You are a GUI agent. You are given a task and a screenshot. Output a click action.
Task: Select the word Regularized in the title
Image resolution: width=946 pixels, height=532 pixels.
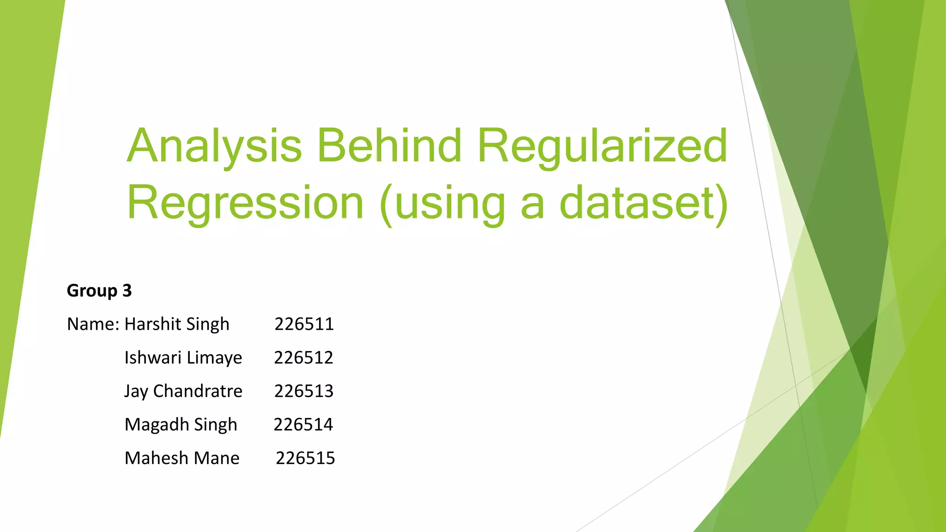602,147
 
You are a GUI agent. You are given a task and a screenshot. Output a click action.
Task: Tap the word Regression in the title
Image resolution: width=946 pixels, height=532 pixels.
245,204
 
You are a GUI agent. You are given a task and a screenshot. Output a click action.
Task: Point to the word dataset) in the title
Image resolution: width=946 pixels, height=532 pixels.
644,204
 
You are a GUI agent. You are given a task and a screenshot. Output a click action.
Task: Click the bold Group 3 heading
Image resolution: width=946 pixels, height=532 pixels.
99,291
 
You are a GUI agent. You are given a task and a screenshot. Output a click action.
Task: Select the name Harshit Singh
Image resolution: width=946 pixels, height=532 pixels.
177,325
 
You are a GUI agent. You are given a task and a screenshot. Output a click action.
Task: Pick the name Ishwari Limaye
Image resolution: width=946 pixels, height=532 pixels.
183,358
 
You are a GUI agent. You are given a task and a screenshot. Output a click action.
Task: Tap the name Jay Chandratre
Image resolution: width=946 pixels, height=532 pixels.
183,392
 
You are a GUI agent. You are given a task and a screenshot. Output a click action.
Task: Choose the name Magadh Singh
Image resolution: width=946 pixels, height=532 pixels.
181,425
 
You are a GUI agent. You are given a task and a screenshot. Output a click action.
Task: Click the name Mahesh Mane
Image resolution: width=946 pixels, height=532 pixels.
182,458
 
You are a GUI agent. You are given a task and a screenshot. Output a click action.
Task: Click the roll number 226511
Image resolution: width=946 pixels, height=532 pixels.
304,324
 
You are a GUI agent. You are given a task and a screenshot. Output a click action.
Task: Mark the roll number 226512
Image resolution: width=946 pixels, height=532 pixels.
303,358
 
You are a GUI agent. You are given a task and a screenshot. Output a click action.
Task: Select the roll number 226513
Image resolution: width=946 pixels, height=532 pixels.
303,392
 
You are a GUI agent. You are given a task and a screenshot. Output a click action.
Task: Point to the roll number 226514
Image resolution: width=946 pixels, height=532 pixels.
303,425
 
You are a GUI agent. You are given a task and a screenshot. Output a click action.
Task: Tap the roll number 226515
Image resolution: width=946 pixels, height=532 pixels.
305,458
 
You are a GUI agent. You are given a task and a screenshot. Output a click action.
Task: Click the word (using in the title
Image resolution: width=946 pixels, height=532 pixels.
443,204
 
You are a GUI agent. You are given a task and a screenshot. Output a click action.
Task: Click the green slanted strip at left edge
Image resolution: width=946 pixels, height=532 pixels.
23,185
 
